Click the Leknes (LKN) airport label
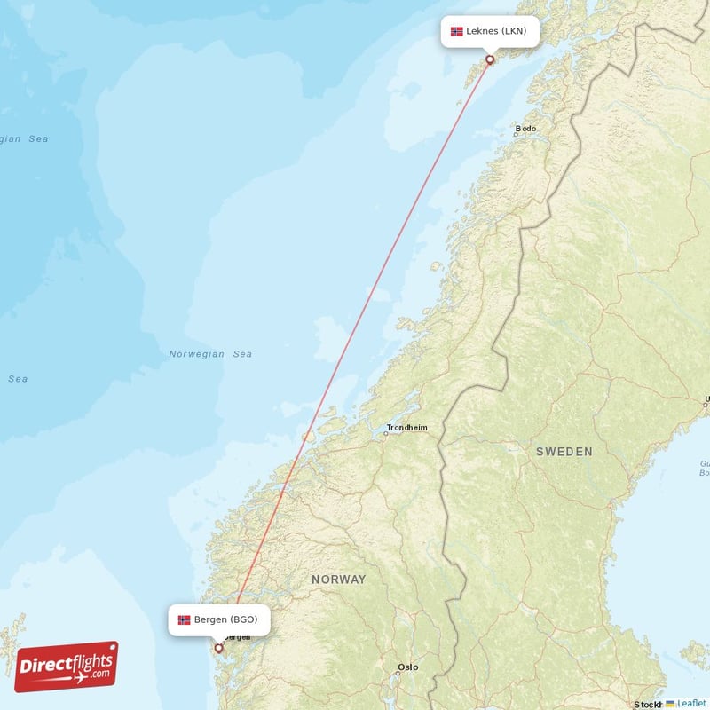pyautogui.click(x=489, y=31)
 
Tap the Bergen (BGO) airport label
pyautogui.click(x=219, y=619)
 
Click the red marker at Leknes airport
pyautogui.click(x=489, y=59)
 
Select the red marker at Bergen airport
pyautogui.click(x=218, y=648)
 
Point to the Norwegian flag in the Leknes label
pyautogui.click(x=457, y=31)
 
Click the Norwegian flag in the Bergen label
pyautogui.click(x=184, y=619)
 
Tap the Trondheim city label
pyautogui.click(x=406, y=428)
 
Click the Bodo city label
pyautogui.click(x=526, y=129)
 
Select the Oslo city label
pyautogui.click(x=408, y=667)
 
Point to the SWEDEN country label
pyautogui.click(x=564, y=452)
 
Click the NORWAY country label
pyautogui.click(x=338, y=580)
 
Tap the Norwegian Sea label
pyautogui.click(x=210, y=354)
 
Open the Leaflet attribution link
pyautogui.click(x=690, y=703)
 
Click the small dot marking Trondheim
pyautogui.click(x=387, y=434)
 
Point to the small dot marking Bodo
pyautogui.click(x=516, y=135)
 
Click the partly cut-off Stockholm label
pyautogui.click(x=648, y=705)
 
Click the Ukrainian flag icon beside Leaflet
pyautogui.click(x=670, y=703)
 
